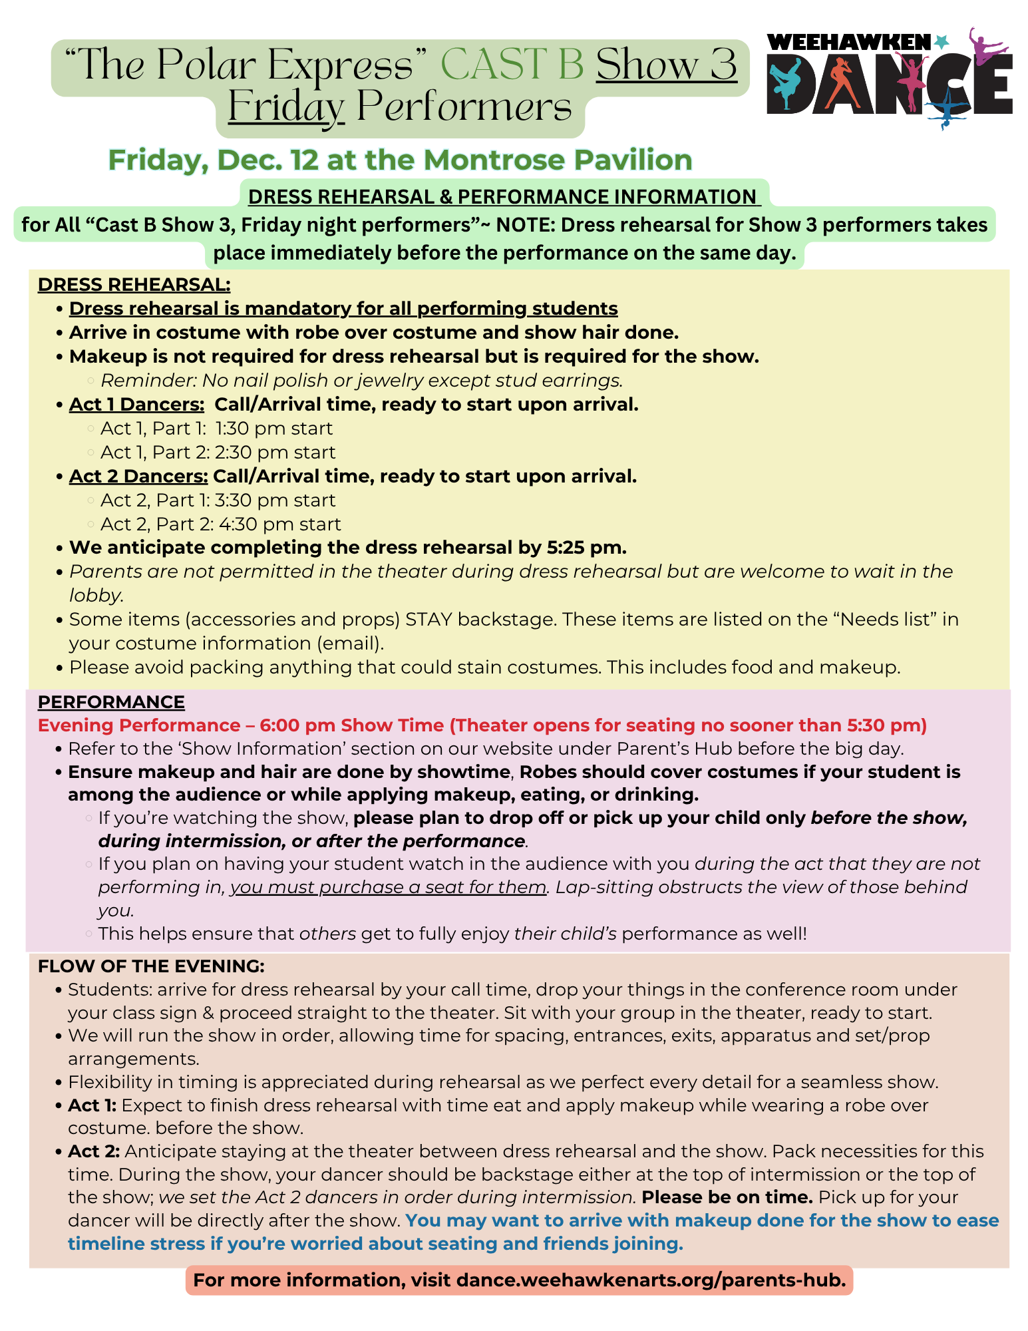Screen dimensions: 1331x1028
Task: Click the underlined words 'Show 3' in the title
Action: pos(666,65)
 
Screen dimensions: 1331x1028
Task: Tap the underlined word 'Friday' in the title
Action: pos(286,107)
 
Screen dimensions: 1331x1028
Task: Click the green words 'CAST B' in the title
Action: pos(512,65)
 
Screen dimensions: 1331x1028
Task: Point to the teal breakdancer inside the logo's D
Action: pos(787,83)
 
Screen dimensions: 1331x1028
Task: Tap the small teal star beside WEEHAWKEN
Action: pos(941,42)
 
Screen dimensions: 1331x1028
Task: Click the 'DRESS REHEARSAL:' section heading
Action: pos(134,285)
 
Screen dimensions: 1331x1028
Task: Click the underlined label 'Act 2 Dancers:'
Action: pos(138,476)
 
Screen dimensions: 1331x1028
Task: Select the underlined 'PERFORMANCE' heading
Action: pos(111,702)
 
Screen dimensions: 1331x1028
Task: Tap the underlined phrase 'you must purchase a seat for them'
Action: pos(389,887)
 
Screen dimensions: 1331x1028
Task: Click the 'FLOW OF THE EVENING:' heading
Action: pos(151,966)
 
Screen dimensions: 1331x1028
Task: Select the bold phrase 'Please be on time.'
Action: pos(727,1197)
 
